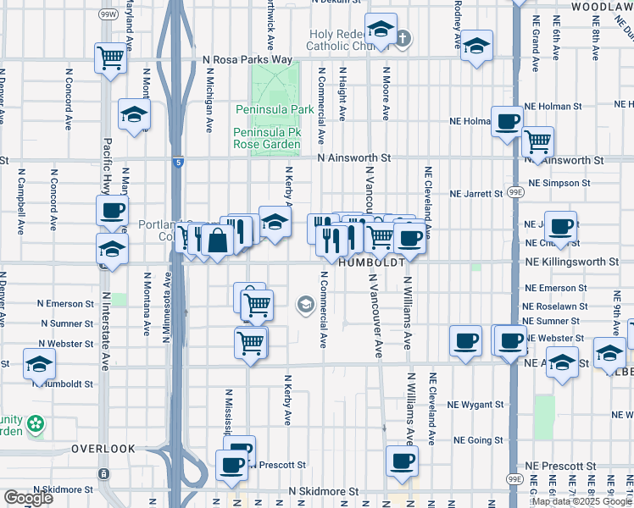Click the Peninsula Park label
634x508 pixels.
pyautogui.click(x=268, y=110)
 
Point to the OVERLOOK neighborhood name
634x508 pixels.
pyautogui.click(x=103, y=448)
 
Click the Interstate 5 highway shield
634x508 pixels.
pyautogui.click(x=175, y=162)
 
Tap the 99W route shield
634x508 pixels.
pyautogui.click(x=108, y=14)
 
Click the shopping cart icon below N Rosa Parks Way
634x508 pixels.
pyautogui.click(x=110, y=58)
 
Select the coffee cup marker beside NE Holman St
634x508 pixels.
pyautogui.click(x=507, y=121)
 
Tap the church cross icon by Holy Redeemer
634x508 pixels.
pyautogui.click(x=403, y=37)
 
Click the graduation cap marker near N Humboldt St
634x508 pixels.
pyautogui.click(x=39, y=364)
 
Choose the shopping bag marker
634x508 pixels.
pyautogui.click(x=217, y=240)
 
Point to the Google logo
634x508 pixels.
pyautogui.click(x=28, y=499)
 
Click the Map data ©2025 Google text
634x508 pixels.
pyautogui.click(x=581, y=501)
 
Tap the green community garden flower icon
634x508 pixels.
pyautogui.click(x=35, y=422)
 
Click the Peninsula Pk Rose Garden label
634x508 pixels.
pyautogui.click(x=268, y=139)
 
